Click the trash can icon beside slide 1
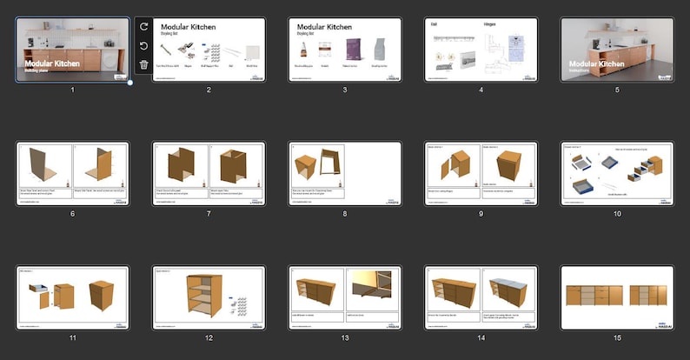(143, 64)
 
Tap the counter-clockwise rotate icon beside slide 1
(143, 46)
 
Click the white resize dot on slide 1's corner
(130, 83)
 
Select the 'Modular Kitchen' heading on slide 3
(326, 27)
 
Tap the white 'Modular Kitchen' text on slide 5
(596, 63)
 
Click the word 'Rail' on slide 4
(435, 24)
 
